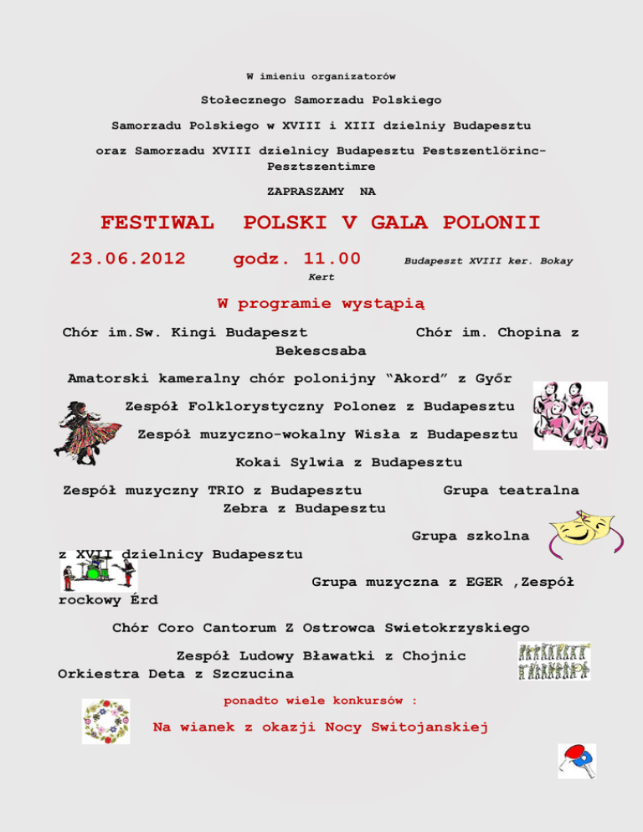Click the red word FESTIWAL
coord(157,223)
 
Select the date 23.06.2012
coord(128,259)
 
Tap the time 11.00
coord(332,259)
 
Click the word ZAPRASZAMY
coord(306,192)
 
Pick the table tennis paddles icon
coord(577,760)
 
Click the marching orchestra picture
coord(553,660)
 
